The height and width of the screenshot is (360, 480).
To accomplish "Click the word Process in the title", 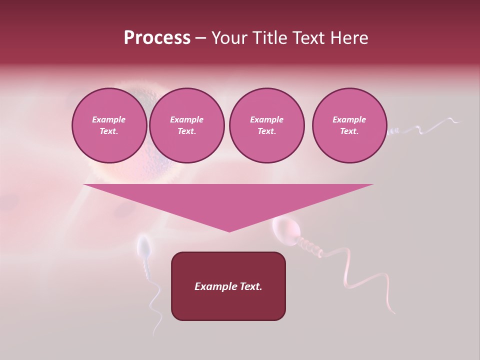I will pos(157,38).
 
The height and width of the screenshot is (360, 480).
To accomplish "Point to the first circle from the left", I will pos(109,125).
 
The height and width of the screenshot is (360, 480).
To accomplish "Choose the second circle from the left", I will pos(186,125).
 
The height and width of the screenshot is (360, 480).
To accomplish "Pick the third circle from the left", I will pos(266,125).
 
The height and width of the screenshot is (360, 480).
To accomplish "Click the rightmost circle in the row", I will pos(349,125).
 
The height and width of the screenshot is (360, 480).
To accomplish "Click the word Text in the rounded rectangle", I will pos(251,286).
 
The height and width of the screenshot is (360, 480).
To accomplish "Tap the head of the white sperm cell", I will pos(144,247).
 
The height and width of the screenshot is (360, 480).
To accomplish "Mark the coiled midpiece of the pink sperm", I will pos(306,244).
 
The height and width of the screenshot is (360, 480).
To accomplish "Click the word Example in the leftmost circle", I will pos(109,119).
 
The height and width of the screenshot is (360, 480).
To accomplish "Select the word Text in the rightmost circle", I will pos(349,131).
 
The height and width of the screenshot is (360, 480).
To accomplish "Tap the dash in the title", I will pos(200,38).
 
